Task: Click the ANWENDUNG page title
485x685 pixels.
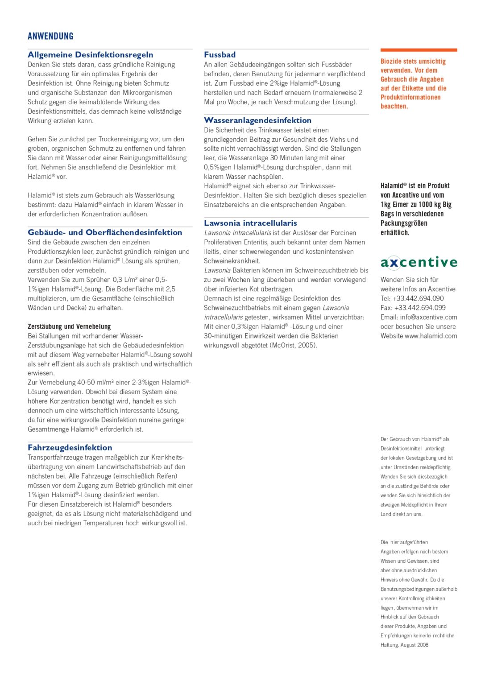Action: point(50,37)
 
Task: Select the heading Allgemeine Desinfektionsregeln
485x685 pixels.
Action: point(90,55)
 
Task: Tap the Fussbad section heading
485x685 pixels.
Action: point(220,55)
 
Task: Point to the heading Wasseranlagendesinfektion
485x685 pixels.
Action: point(257,120)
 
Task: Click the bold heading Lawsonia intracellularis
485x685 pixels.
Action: point(250,223)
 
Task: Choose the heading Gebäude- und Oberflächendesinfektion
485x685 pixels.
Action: point(105,232)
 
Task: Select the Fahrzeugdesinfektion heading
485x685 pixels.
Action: point(70,448)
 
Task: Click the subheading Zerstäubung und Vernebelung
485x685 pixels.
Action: point(69,326)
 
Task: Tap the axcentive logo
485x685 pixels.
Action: point(419,262)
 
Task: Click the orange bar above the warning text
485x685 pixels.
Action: point(419,50)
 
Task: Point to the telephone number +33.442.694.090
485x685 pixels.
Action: point(418,298)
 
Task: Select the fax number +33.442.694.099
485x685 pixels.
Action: point(420,308)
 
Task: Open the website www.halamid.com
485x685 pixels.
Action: point(431,336)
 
